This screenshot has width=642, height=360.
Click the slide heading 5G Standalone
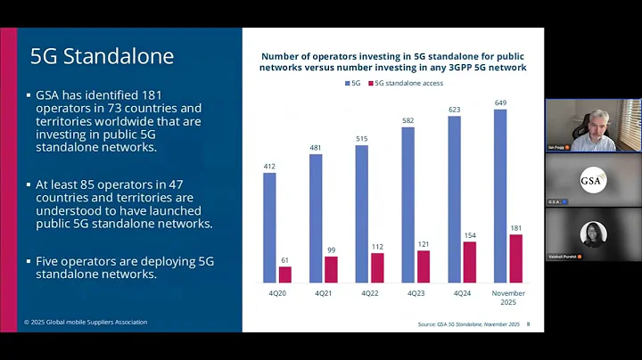pyautogui.click(x=102, y=56)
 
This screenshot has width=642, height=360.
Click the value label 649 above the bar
pyautogui.click(x=499, y=102)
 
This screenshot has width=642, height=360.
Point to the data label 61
pyautogui.click(x=285, y=259)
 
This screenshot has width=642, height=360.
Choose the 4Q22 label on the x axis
pyautogui.click(x=369, y=291)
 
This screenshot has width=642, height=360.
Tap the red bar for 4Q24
pyautogui.click(x=470, y=262)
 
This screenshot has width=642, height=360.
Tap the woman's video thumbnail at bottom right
pyautogui.click(x=593, y=236)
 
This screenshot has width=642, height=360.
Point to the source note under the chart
pyautogui.click(x=468, y=324)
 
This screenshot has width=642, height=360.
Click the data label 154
pyautogui.click(x=470, y=234)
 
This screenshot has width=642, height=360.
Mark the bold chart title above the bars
pyautogui.click(x=393, y=61)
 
